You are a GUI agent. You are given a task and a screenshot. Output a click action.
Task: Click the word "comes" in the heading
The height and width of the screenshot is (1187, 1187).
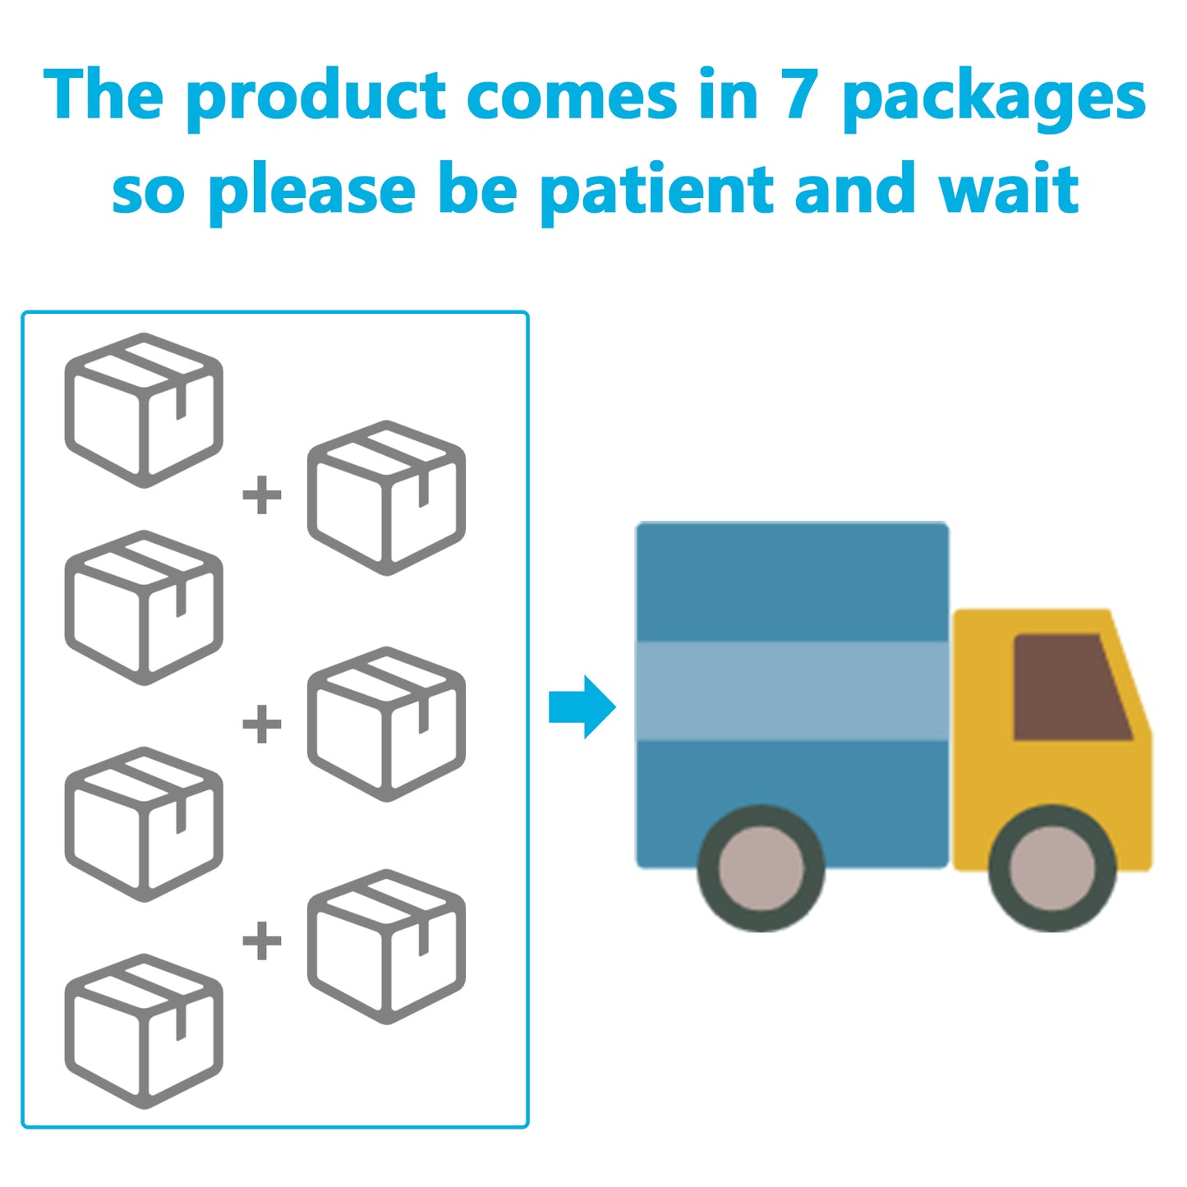click(572, 97)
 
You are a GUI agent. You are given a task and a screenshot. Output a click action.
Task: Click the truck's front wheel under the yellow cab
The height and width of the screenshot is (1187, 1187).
click(1052, 868)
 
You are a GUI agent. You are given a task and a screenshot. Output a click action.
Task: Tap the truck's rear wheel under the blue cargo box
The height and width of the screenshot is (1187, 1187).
click(761, 868)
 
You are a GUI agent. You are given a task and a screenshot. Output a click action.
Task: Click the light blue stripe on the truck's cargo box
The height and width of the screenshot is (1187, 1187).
click(792, 690)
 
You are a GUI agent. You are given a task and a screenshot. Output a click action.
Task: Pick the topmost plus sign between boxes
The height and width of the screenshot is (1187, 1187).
click(262, 495)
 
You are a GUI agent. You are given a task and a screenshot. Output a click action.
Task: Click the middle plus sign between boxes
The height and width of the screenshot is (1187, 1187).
click(262, 724)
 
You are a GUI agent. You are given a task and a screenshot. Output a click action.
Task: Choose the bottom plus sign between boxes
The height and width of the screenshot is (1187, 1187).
click(262, 941)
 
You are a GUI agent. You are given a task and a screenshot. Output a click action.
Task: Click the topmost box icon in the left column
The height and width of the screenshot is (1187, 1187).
click(144, 410)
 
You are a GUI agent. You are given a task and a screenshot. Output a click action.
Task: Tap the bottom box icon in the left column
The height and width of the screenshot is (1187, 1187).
click(144, 1031)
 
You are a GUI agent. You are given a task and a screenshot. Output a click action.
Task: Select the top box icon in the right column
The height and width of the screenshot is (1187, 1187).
click(386, 498)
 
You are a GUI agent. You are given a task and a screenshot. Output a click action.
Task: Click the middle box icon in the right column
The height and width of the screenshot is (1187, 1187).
click(386, 724)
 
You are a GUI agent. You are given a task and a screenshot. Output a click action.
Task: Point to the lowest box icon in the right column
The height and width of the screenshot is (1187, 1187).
click(386, 946)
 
